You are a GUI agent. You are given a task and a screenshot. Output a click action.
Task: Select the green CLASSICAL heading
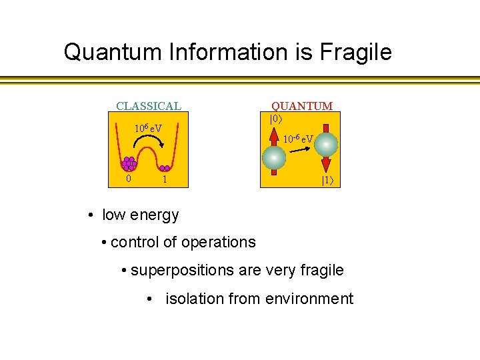(148, 106)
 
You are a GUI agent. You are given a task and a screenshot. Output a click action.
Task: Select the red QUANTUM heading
(301, 106)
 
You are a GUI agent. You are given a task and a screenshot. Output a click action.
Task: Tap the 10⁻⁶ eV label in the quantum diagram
(298, 139)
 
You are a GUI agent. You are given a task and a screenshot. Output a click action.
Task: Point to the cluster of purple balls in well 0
(129, 163)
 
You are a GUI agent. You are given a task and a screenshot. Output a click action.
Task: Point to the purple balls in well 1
(164, 168)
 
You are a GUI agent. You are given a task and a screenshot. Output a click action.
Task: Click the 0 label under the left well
(129, 180)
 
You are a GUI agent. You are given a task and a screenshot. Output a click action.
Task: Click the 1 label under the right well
(165, 180)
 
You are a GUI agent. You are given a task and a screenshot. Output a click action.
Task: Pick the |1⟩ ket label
(328, 180)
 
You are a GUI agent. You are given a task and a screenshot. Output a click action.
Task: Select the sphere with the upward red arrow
(274, 157)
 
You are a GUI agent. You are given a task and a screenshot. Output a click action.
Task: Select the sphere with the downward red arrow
(326, 145)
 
